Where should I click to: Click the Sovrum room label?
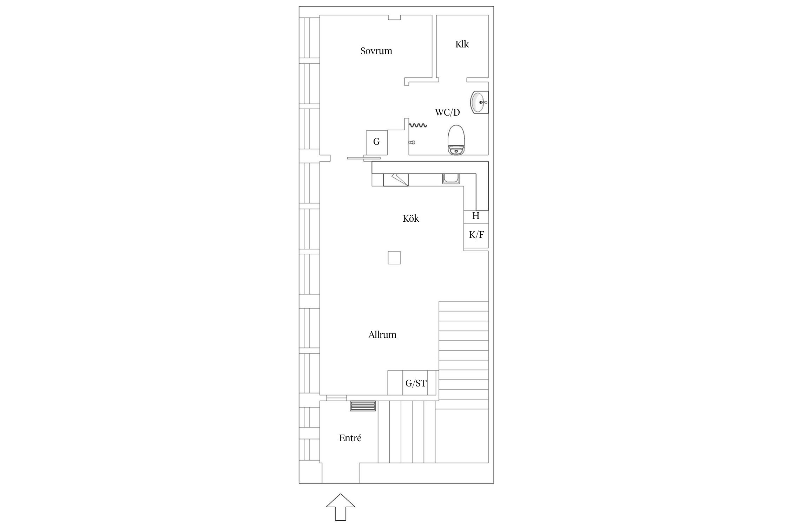click(x=376, y=51)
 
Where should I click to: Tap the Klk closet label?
click(x=462, y=44)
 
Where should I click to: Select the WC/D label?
click(x=447, y=112)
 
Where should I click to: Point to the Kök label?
click(x=411, y=219)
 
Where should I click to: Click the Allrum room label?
click(x=382, y=335)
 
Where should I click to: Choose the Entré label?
click(x=350, y=438)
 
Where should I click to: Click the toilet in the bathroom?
click(x=457, y=140)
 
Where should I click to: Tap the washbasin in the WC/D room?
click(x=479, y=103)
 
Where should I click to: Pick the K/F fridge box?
click(x=476, y=235)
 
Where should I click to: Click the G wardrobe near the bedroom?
click(x=377, y=142)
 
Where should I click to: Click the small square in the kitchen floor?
click(x=394, y=258)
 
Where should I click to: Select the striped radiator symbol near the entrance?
click(x=363, y=405)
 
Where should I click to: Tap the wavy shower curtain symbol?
click(x=418, y=125)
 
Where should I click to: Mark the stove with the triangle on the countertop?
click(x=396, y=180)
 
